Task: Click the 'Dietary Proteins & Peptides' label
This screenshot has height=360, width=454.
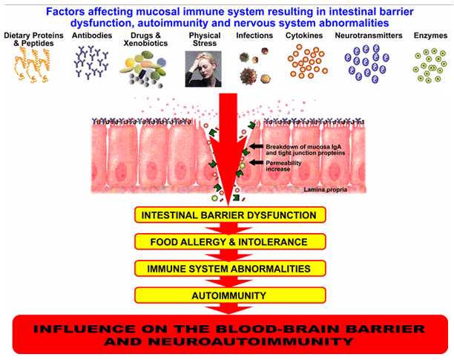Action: click(x=33, y=39)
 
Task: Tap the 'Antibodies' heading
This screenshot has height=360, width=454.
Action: click(x=92, y=36)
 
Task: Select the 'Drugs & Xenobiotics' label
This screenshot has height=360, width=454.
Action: click(x=145, y=39)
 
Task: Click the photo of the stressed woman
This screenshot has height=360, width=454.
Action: click(x=203, y=69)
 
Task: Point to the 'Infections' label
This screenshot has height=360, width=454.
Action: click(x=254, y=36)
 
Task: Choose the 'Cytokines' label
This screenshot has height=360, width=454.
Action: click(x=304, y=36)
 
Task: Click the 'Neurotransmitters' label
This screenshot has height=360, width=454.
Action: click(x=369, y=36)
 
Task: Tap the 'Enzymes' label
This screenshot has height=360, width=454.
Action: click(x=430, y=36)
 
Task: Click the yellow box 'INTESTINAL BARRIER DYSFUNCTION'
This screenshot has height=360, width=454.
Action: click(x=230, y=215)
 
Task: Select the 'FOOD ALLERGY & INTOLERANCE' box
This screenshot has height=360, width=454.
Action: click(x=230, y=241)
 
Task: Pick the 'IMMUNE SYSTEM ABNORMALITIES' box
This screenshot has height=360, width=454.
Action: click(x=230, y=269)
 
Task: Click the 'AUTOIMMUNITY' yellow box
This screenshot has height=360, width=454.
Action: click(x=230, y=295)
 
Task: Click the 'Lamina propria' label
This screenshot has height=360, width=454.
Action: click(x=325, y=190)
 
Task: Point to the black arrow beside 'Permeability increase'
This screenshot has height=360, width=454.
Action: click(x=256, y=163)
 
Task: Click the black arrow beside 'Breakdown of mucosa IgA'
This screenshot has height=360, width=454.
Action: click(x=256, y=146)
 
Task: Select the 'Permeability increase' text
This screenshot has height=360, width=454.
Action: click(x=283, y=166)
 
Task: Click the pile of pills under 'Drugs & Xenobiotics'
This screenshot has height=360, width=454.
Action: click(x=143, y=69)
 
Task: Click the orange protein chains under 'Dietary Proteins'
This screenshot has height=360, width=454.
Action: click(x=33, y=65)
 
